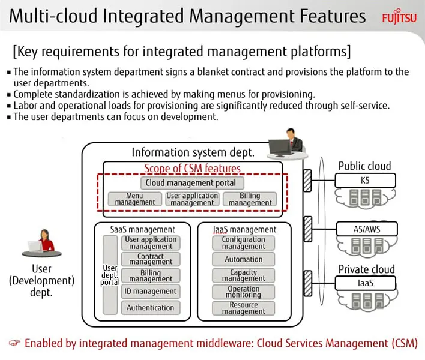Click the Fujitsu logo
tap(399, 17)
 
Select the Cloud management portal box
tap(192, 183)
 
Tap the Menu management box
tap(134, 199)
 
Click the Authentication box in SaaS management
tap(151, 308)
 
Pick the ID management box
tap(151, 292)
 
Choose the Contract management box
tap(151, 259)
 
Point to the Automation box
tap(243, 259)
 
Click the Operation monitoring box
tap(243, 292)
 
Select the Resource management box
tap(243, 308)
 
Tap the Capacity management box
tap(243, 275)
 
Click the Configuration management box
tap(243, 243)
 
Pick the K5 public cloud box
tap(365, 181)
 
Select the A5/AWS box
tap(367, 229)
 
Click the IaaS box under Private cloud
tap(366, 283)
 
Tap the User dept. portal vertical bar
tap(110, 275)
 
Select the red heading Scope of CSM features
tap(192, 168)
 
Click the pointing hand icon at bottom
tap(14, 343)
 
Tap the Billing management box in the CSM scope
tap(250, 199)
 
